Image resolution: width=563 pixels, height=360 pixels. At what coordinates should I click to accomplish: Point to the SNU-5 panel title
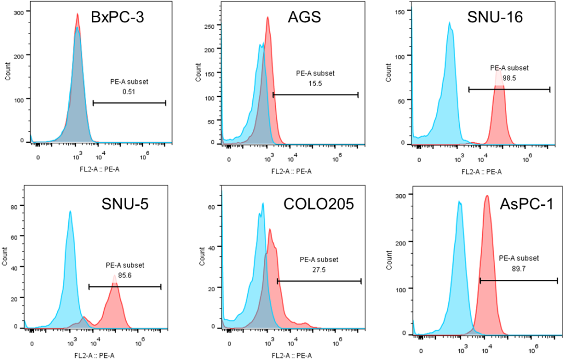click(125, 204)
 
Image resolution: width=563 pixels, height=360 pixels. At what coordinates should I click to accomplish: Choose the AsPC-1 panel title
click(509, 204)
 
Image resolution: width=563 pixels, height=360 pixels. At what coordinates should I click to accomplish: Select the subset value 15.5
click(315, 83)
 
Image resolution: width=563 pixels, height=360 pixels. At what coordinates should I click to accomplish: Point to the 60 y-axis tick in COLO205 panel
click(211, 207)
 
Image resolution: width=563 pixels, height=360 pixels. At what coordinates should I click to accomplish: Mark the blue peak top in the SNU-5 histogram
click(70, 211)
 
